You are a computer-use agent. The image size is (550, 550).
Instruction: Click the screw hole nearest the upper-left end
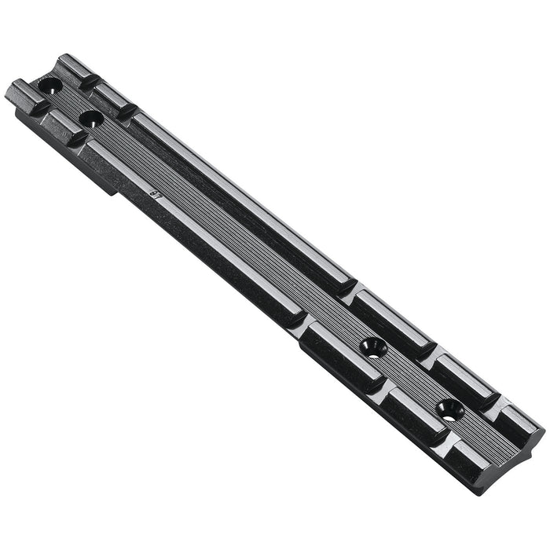tap(49, 85)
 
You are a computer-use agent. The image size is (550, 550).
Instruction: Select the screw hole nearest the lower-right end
tap(451, 409)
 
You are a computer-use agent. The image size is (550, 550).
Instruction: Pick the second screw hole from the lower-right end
tap(374, 347)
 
